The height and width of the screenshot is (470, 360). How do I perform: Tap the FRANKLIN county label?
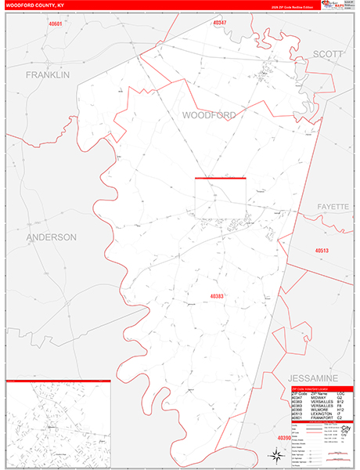coord(48,75)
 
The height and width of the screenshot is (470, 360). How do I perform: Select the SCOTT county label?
coord(328,53)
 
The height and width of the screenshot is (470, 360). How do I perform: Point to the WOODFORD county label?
coord(209,114)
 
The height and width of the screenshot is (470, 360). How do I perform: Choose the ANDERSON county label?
coord(51,237)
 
